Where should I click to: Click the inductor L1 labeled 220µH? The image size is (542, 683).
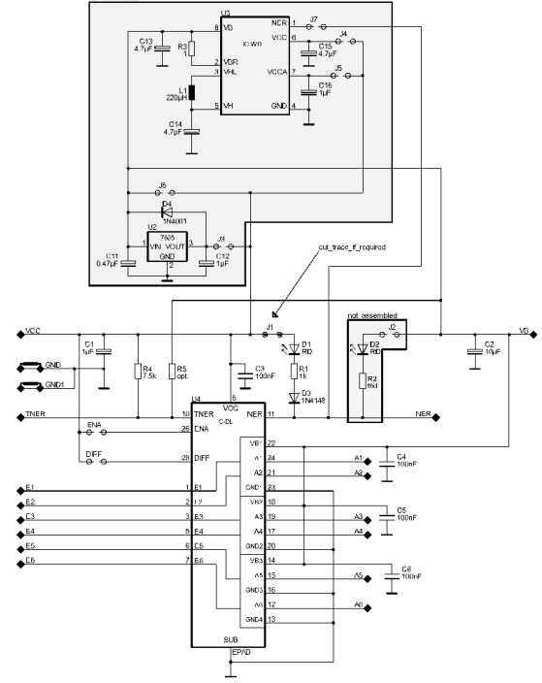pyautogui.click(x=191, y=93)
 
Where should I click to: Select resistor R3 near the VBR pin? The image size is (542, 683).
pyautogui.click(x=191, y=49)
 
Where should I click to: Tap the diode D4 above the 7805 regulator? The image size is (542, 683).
pyautogui.click(x=166, y=209)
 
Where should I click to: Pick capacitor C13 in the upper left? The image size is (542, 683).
pyautogui.click(x=163, y=48)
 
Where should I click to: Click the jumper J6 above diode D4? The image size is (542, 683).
pyautogui.click(x=163, y=191)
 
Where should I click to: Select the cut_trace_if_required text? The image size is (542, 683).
pyautogui.click(x=352, y=248)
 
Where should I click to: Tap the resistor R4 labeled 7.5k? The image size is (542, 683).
pyautogui.click(x=139, y=371)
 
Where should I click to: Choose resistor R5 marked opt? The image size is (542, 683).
pyautogui.click(x=171, y=371)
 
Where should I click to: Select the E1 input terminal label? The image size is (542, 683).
pyautogui.click(x=30, y=486)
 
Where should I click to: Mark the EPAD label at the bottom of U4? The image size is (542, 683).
pyautogui.click(x=242, y=654)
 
